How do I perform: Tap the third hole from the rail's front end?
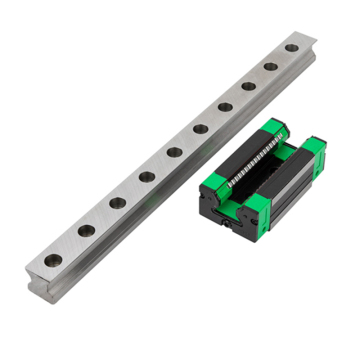pos(118,202)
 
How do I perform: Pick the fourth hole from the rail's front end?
pos(147,177)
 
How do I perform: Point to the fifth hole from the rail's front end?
pos(174,152)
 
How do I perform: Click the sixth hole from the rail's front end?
pos(200,128)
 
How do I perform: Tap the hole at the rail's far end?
pos(291,47)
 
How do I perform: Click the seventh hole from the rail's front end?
pos(225,106)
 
